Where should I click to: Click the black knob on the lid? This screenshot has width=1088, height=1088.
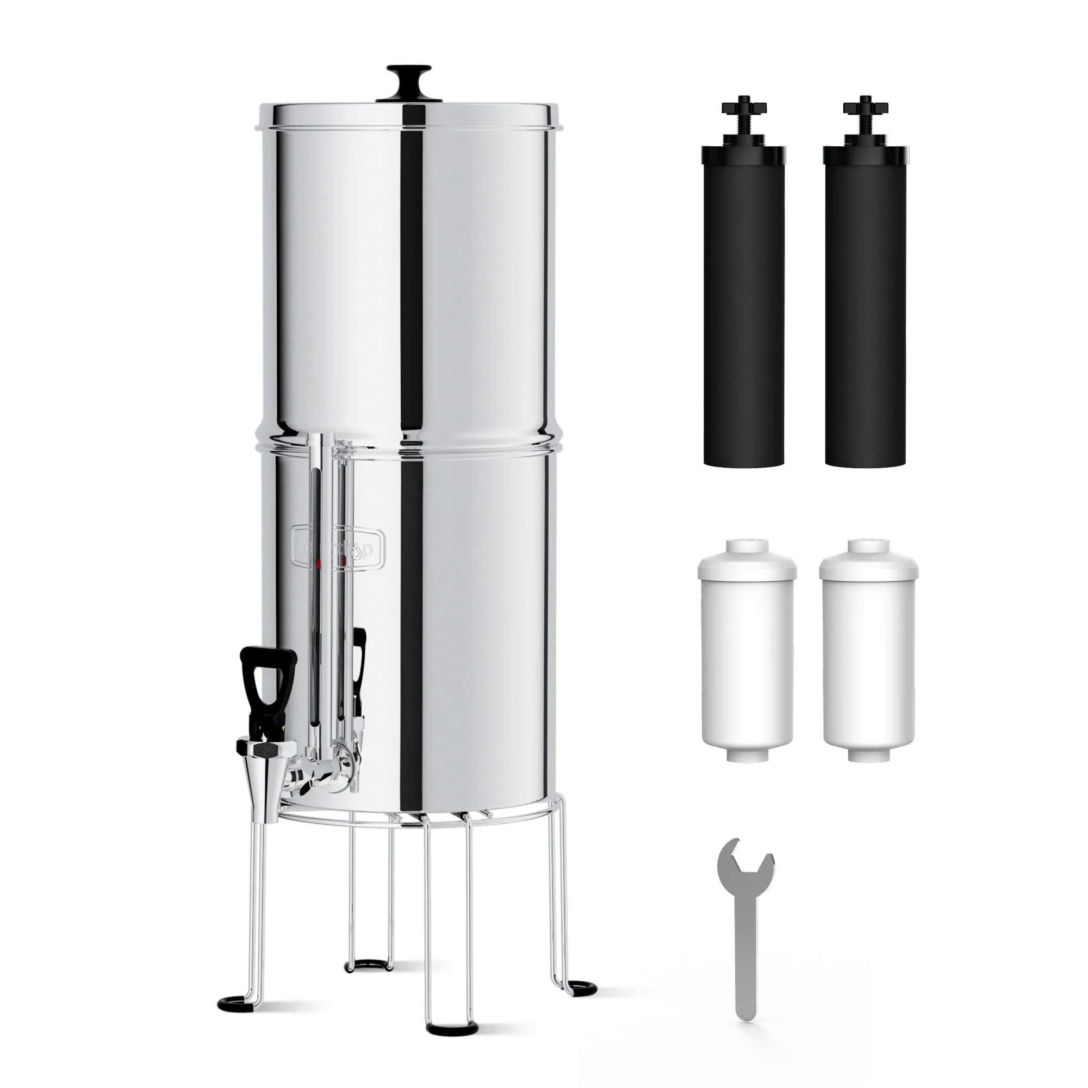[x=410, y=76]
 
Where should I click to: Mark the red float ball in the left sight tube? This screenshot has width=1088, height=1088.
[x=319, y=563]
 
